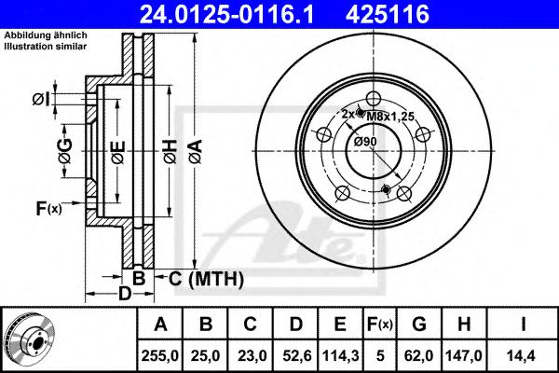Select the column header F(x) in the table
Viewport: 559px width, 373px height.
381,324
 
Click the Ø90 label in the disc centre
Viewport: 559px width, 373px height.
364,141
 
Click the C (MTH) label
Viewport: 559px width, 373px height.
206,278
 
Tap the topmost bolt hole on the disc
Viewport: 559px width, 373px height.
373,100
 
